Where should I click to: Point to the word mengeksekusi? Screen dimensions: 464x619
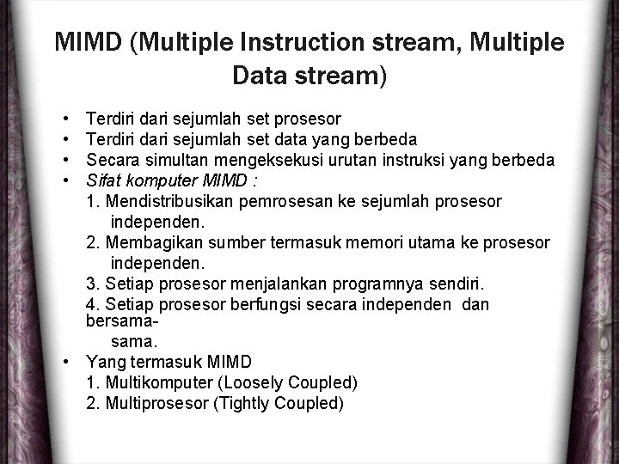[254, 160]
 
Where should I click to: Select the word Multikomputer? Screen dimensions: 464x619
[153, 382]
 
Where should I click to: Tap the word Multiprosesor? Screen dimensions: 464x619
[153, 402]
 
